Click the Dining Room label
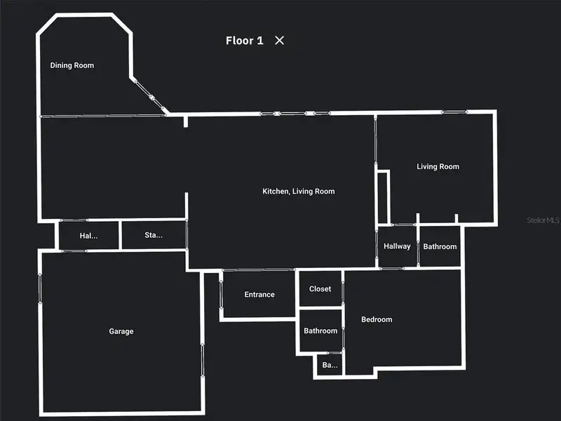click(72, 65)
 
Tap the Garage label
click(121, 331)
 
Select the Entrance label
click(259, 295)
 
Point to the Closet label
click(320, 289)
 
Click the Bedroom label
click(377, 319)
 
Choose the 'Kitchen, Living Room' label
click(298, 192)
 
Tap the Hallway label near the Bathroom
click(397, 246)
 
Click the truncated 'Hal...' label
click(88, 236)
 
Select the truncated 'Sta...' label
click(154, 235)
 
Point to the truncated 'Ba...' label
click(329, 365)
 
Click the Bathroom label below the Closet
click(320, 330)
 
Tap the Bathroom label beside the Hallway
click(440, 246)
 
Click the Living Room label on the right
click(438, 166)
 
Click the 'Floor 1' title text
click(244, 41)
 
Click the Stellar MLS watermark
click(543, 220)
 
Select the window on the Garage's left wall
click(41, 288)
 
